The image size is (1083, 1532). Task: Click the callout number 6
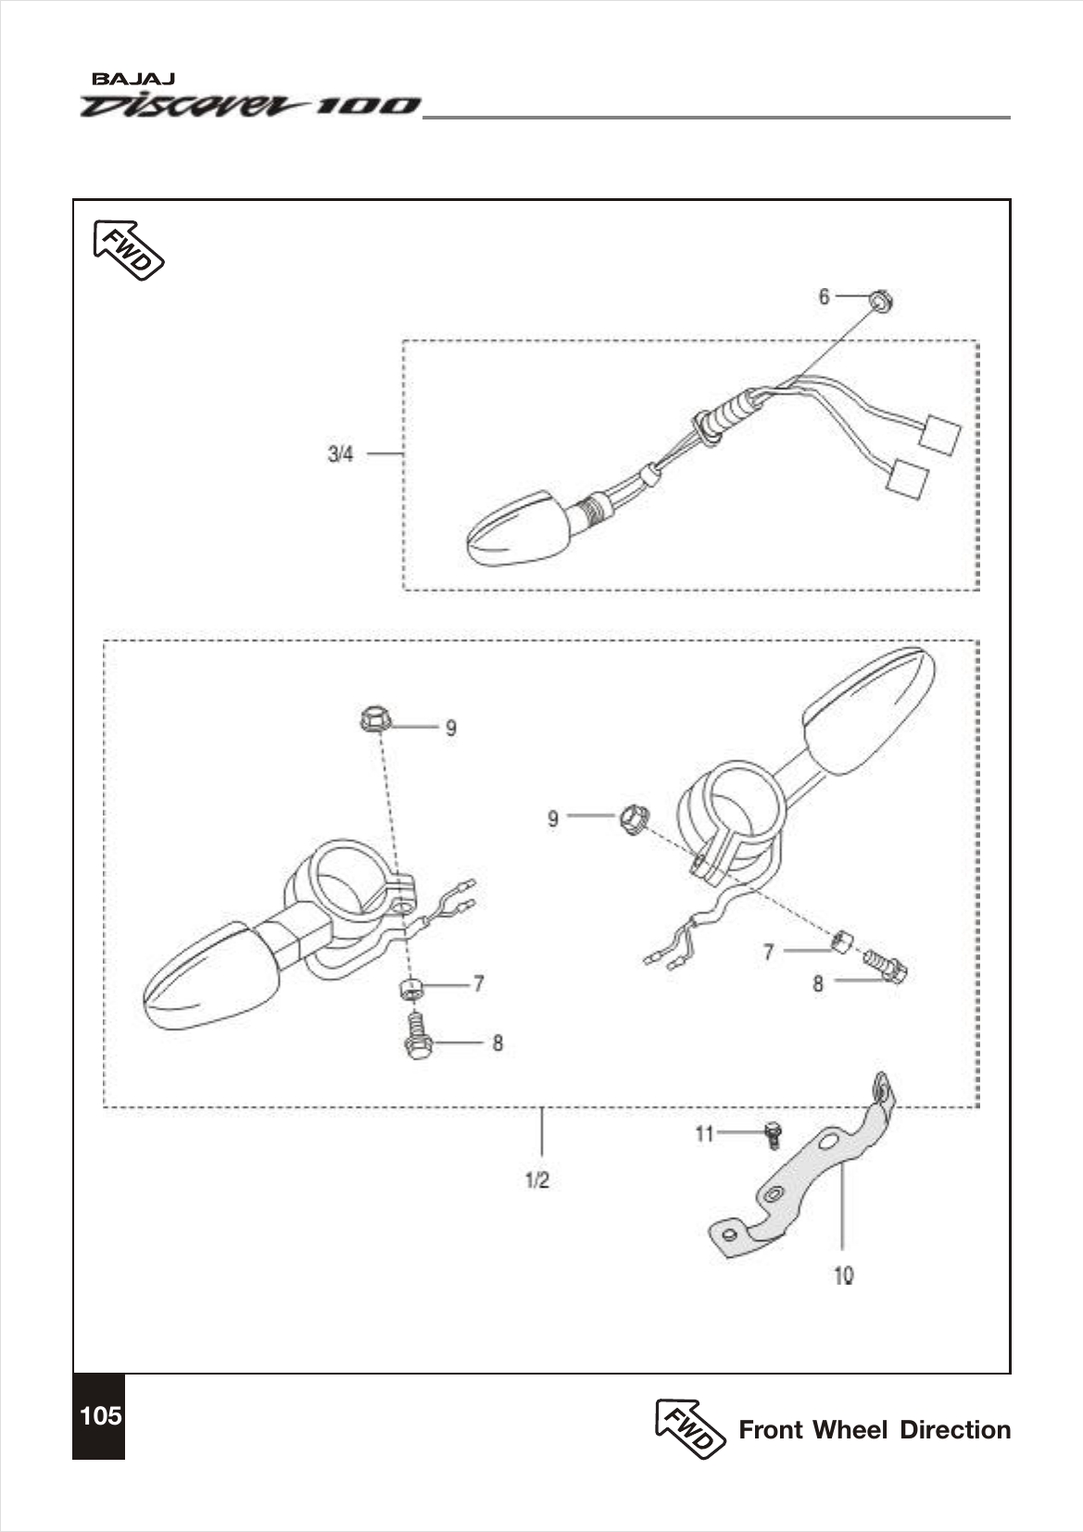pos(824,296)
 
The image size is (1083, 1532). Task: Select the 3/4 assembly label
pos(341,454)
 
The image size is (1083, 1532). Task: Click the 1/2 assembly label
pos(537,1180)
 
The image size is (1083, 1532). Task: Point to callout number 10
pos(843,1275)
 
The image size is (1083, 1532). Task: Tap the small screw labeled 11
pos(774,1134)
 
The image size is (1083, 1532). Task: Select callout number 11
pos(705,1133)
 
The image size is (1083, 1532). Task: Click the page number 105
pos(100,1415)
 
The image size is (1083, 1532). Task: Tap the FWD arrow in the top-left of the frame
pos(129,249)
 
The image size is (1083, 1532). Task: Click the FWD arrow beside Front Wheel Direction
pos(690,1428)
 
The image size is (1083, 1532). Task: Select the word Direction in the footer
pos(955,1429)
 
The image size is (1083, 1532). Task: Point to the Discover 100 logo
pos(250,106)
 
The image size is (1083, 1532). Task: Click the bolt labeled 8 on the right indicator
pos(888,966)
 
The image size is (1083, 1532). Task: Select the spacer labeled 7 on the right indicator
pos(842,942)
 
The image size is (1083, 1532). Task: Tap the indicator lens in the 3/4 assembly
pos(515,530)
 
